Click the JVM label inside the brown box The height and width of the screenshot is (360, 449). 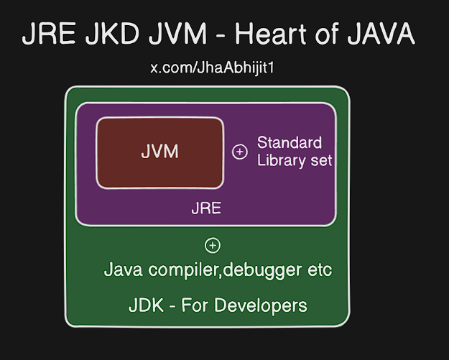point(159,152)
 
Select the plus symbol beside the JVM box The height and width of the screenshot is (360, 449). point(240,152)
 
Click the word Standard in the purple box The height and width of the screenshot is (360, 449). point(290,142)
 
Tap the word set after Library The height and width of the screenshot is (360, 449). point(320,160)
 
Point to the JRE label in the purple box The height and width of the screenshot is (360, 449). point(206,209)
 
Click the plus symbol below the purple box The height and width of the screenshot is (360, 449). point(213,246)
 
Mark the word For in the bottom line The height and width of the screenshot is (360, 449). point(193,305)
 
